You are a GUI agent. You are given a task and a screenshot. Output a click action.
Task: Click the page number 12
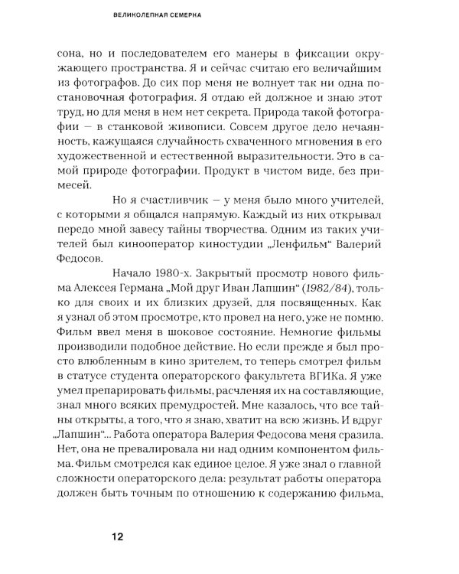[x=116, y=537]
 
